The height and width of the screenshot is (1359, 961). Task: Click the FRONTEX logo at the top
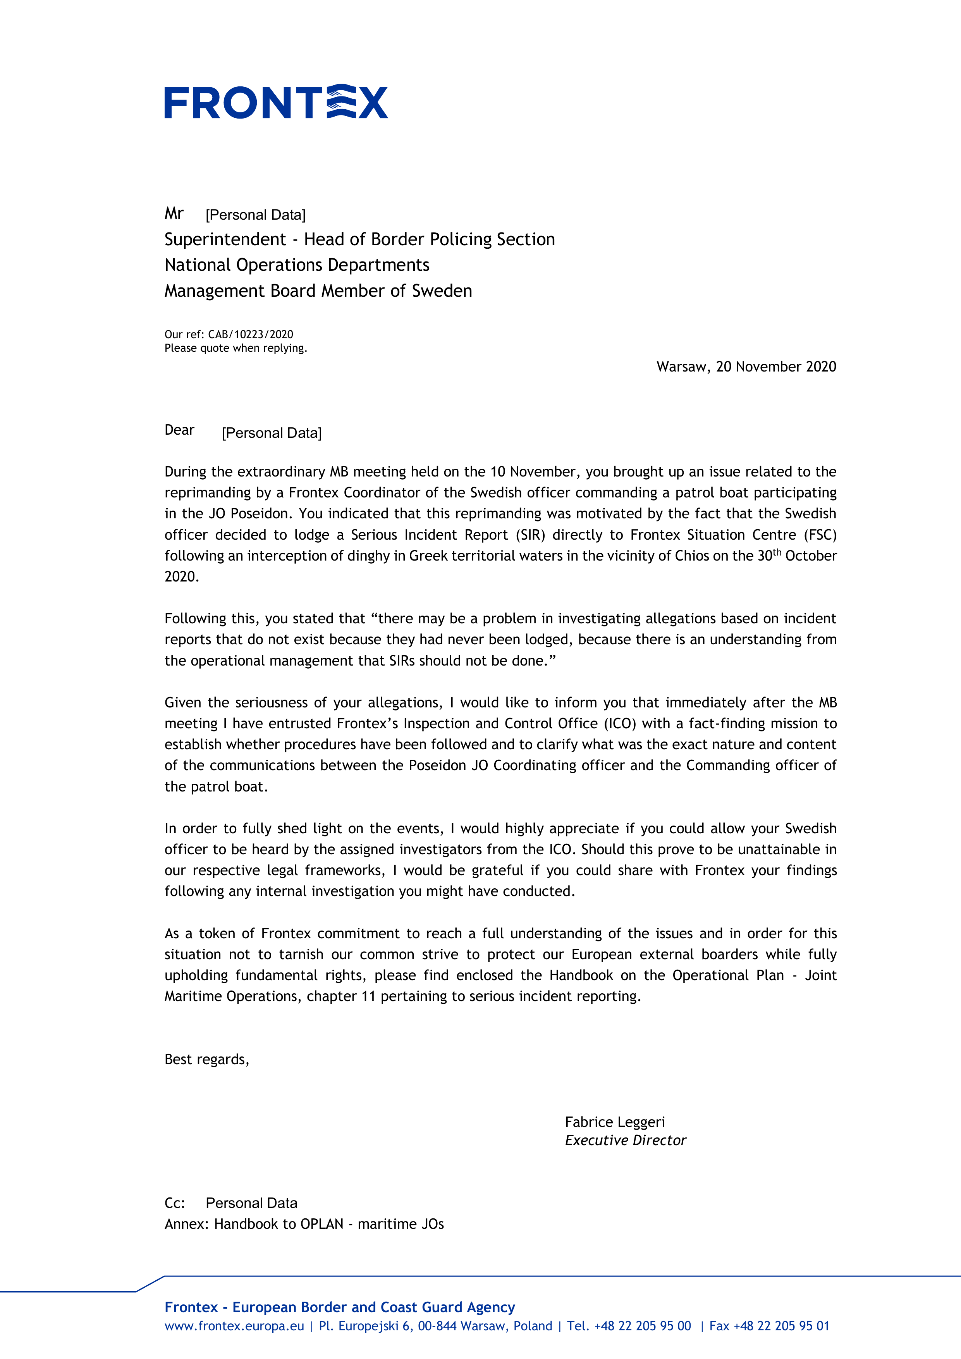click(276, 102)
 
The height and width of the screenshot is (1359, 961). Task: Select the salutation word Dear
click(179, 430)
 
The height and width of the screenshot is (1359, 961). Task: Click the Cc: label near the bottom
click(175, 1203)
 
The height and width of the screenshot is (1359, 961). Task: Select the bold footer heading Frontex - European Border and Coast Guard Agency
click(340, 1307)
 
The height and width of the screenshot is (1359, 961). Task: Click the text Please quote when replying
click(236, 348)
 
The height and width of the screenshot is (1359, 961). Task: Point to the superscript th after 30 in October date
click(777, 552)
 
